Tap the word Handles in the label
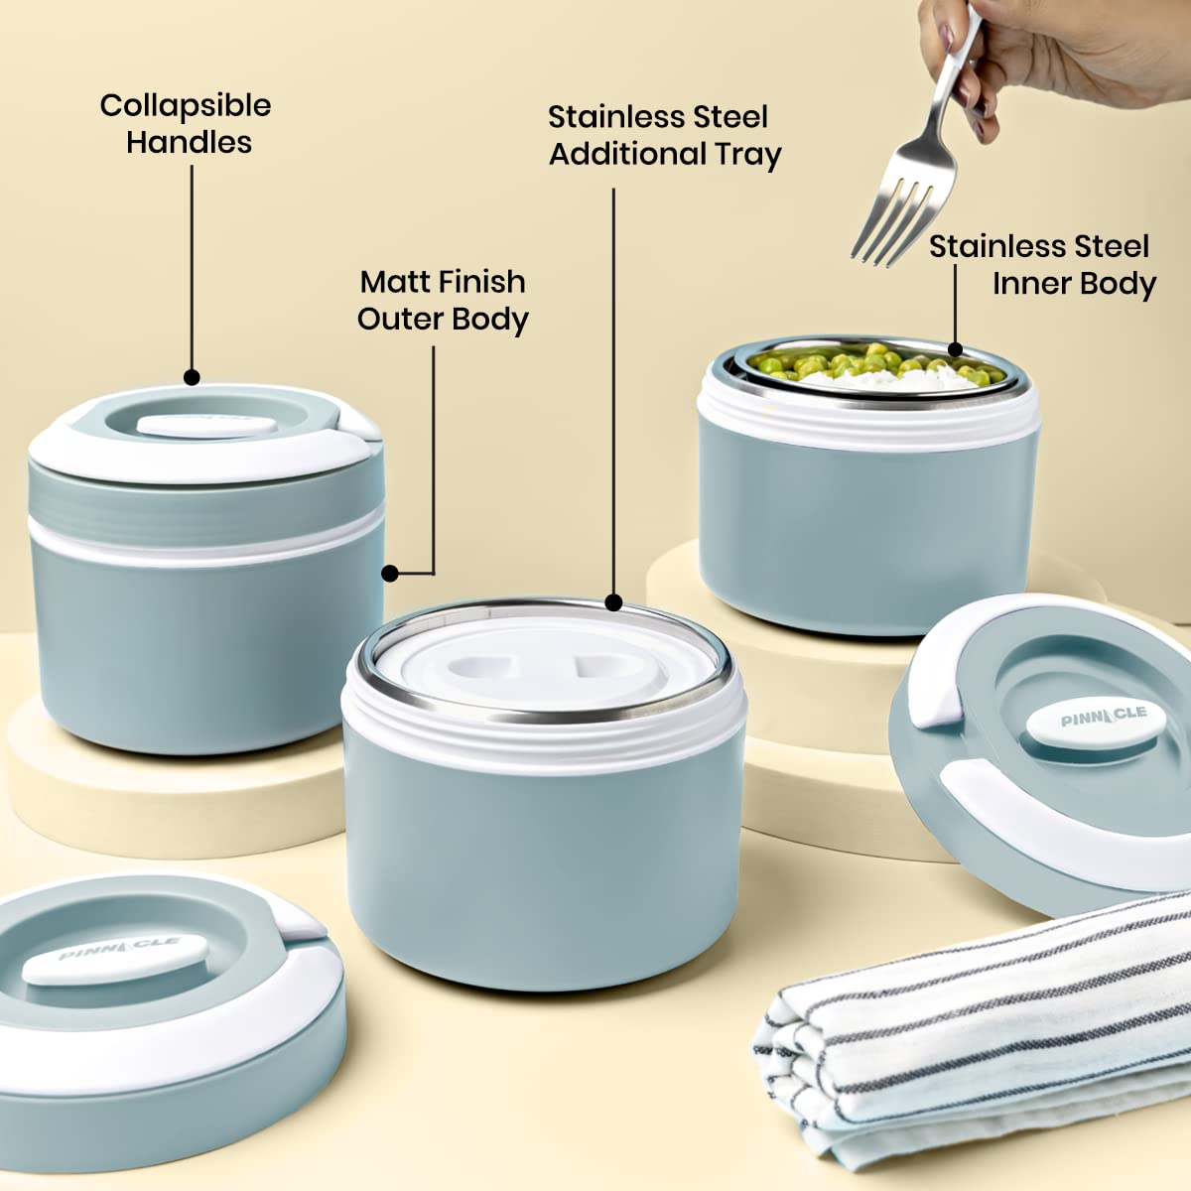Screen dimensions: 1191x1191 [190, 142]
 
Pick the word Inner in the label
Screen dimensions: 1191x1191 [1027, 284]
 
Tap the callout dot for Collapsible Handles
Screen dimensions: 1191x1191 [192, 377]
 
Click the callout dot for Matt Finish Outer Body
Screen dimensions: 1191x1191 [389, 574]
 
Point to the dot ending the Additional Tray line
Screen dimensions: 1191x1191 [613, 602]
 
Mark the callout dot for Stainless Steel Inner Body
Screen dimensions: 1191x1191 [955, 349]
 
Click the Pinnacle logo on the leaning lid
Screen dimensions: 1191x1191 [1104, 718]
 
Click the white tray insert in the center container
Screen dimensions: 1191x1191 [538, 668]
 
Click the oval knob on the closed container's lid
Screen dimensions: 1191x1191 [206, 426]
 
